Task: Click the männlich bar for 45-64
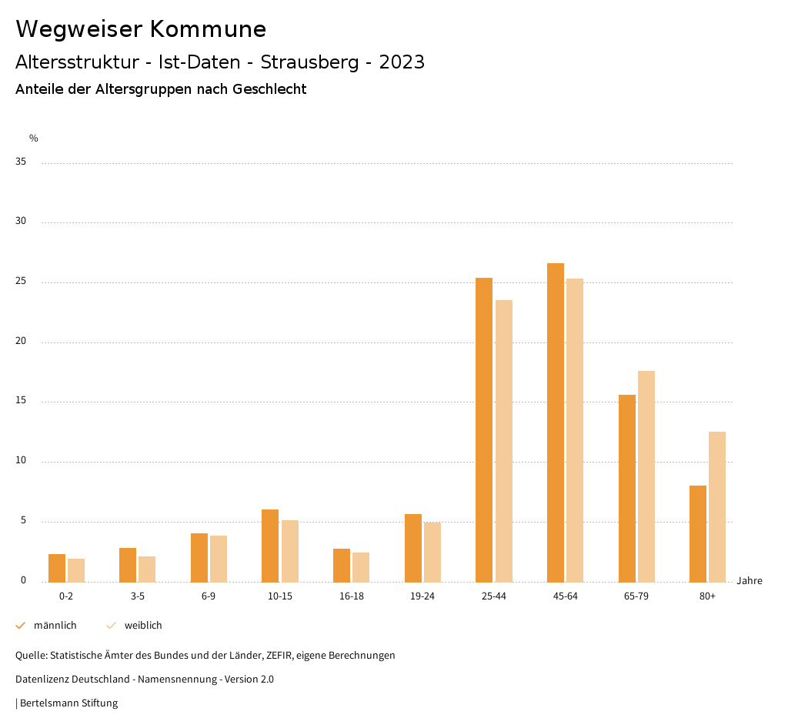pos(556,422)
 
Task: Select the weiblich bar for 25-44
pos(504,441)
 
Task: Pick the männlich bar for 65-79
pos(627,488)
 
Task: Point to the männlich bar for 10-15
pos(270,546)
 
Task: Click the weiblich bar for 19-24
pos(432,552)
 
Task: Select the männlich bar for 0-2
pos(57,568)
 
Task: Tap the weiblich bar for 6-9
pos(219,559)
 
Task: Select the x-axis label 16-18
pos(352,596)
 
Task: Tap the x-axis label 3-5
pos(138,596)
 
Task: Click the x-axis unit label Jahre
pos(750,581)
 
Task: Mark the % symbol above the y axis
pos(34,139)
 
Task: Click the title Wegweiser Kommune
pos(141,29)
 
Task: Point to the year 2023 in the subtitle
pos(402,62)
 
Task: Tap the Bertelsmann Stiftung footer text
pos(68,703)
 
